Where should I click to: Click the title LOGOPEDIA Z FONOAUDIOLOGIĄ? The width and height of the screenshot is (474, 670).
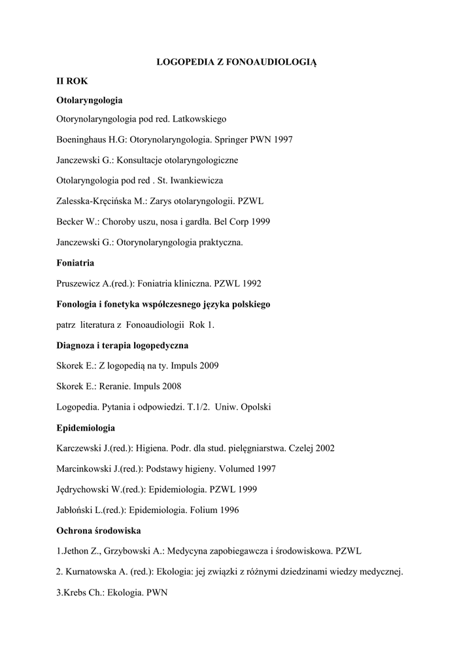pos(237,62)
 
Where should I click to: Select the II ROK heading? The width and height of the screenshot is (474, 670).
pos(68,81)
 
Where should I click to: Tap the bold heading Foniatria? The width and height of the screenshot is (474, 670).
pos(75,263)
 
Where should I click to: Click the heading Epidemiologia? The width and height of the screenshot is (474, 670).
pos(86,428)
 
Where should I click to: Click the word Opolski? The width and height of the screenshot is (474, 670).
pos(255,407)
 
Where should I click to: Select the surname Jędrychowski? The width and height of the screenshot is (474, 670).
pos(85,489)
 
